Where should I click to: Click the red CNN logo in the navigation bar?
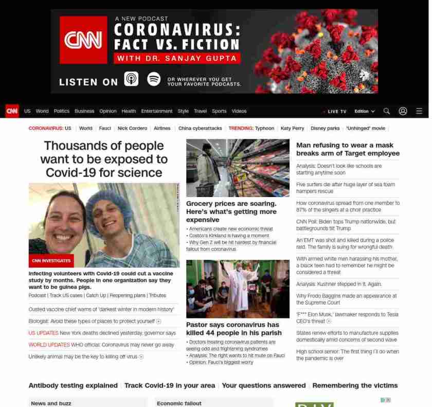click(12, 111)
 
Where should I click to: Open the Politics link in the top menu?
click(61, 111)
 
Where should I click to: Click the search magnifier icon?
click(387, 111)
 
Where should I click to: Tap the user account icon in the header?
click(403, 111)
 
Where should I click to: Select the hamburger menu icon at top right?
click(419, 111)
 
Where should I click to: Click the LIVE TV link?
click(336, 112)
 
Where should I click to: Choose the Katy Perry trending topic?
click(292, 128)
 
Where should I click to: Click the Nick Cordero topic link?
click(132, 128)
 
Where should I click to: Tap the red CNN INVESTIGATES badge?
click(51, 261)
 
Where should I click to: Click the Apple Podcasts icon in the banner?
click(131, 79)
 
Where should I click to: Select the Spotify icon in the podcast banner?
click(154, 79)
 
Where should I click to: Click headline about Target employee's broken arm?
click(348, 149)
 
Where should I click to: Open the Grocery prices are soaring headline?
click(231, 211)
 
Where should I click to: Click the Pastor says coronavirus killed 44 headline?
click(232, 329)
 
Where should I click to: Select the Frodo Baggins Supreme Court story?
click(346, 299)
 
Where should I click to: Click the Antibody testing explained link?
click(73, 385)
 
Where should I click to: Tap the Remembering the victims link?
click(355, 385)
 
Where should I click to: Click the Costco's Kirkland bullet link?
click(229, 236)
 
